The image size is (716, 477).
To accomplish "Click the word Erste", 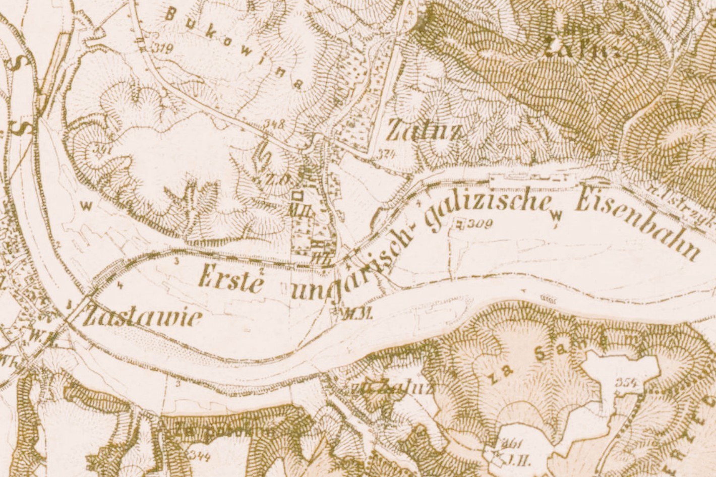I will coord(232,279).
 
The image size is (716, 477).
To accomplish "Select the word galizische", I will coord(484,212).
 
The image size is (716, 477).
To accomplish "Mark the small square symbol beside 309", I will coord(459,223).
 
